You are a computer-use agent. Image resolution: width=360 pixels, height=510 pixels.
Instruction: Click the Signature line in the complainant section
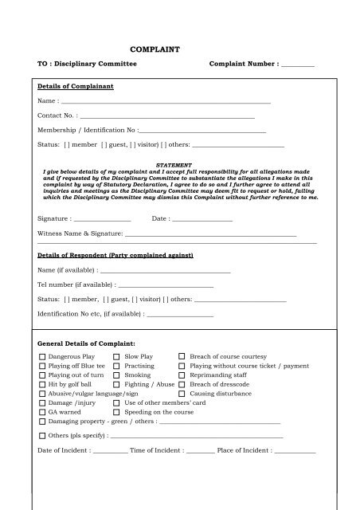[101, 218]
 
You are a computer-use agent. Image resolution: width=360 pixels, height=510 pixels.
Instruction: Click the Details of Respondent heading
[115, 255]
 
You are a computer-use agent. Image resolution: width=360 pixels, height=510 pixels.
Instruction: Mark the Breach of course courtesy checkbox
[182, 356]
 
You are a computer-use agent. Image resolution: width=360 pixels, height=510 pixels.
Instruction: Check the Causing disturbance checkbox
[182, 394]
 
